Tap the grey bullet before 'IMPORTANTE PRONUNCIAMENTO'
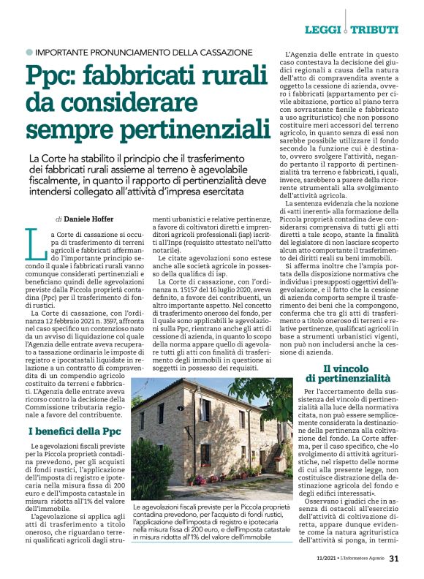[x=29, y=53]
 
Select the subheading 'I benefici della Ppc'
[x=75, y=431]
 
